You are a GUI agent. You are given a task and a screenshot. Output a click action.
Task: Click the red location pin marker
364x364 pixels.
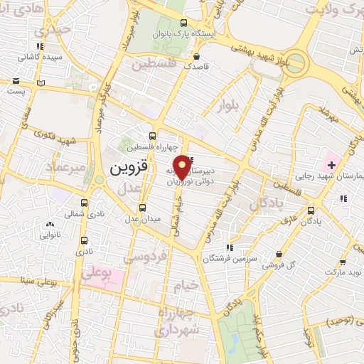183,166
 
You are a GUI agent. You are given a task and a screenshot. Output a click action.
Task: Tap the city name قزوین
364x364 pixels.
128,171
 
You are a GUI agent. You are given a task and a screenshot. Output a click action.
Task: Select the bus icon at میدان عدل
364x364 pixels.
143,208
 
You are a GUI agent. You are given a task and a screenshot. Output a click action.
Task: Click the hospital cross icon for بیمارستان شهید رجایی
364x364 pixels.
332,165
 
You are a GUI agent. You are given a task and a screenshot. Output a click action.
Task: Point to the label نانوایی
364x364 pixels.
50,234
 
